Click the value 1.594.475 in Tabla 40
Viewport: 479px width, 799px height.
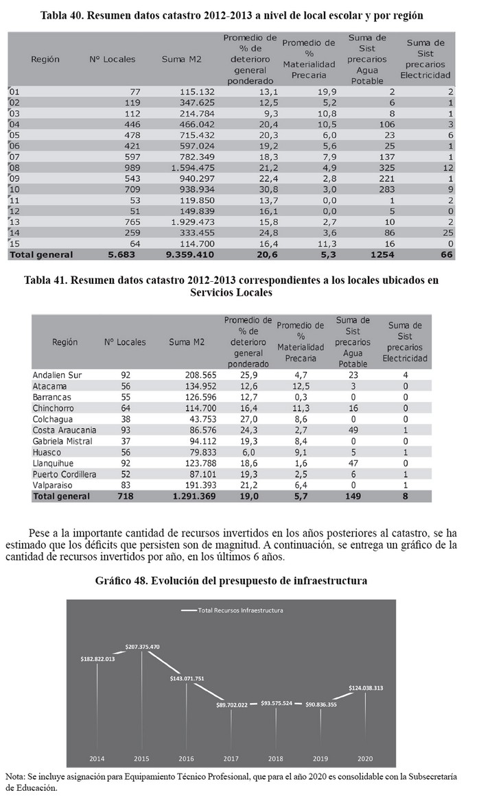[191, 168]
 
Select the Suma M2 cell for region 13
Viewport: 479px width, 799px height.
[191, 222]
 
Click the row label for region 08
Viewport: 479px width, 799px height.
[16, 168]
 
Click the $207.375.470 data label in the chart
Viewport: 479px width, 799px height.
[143, 647]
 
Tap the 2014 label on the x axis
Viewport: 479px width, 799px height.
[97, 758]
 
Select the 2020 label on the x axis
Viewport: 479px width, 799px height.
[364, 758]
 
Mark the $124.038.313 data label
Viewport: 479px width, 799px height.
[364, 687]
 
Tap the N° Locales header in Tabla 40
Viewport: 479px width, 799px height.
[113, 59]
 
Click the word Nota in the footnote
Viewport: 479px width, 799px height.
[14, 776]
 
